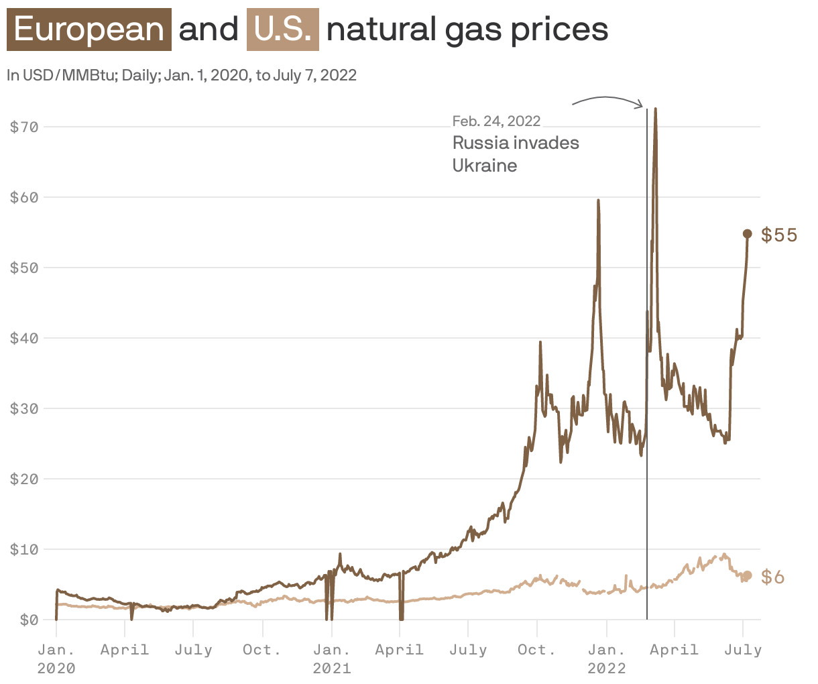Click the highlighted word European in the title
89,30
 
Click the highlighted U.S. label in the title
282,30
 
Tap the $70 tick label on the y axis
24,126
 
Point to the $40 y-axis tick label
24,338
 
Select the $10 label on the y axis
24,549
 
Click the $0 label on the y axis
28,620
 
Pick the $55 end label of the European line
779,235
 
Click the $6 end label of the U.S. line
773,577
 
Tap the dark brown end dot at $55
748,233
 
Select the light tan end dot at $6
748,575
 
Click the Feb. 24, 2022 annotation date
496,121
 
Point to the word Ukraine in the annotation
484,166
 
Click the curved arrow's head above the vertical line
641,105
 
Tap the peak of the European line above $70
655,109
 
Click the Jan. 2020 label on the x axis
56,659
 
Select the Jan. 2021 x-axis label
331,659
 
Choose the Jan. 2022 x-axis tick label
606,659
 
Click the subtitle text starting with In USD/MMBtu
181,75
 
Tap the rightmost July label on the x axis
743,650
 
